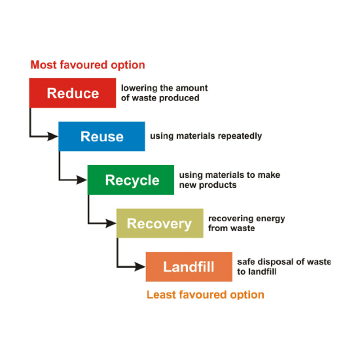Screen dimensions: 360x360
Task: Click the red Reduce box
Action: [72, 93]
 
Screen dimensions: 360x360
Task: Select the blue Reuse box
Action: [102, 136]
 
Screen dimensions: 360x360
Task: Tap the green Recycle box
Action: [131, 180]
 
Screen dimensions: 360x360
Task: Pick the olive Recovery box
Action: [160, 223]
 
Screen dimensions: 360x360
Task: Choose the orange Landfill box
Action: [189, 267]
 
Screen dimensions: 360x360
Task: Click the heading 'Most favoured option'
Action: [88, 65]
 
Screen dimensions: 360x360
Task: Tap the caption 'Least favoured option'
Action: [205, 295]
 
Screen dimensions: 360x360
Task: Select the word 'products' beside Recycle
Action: [219, 185]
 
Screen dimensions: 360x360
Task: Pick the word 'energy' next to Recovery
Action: [270, 219]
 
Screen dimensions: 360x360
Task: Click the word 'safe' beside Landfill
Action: [246, 261]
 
